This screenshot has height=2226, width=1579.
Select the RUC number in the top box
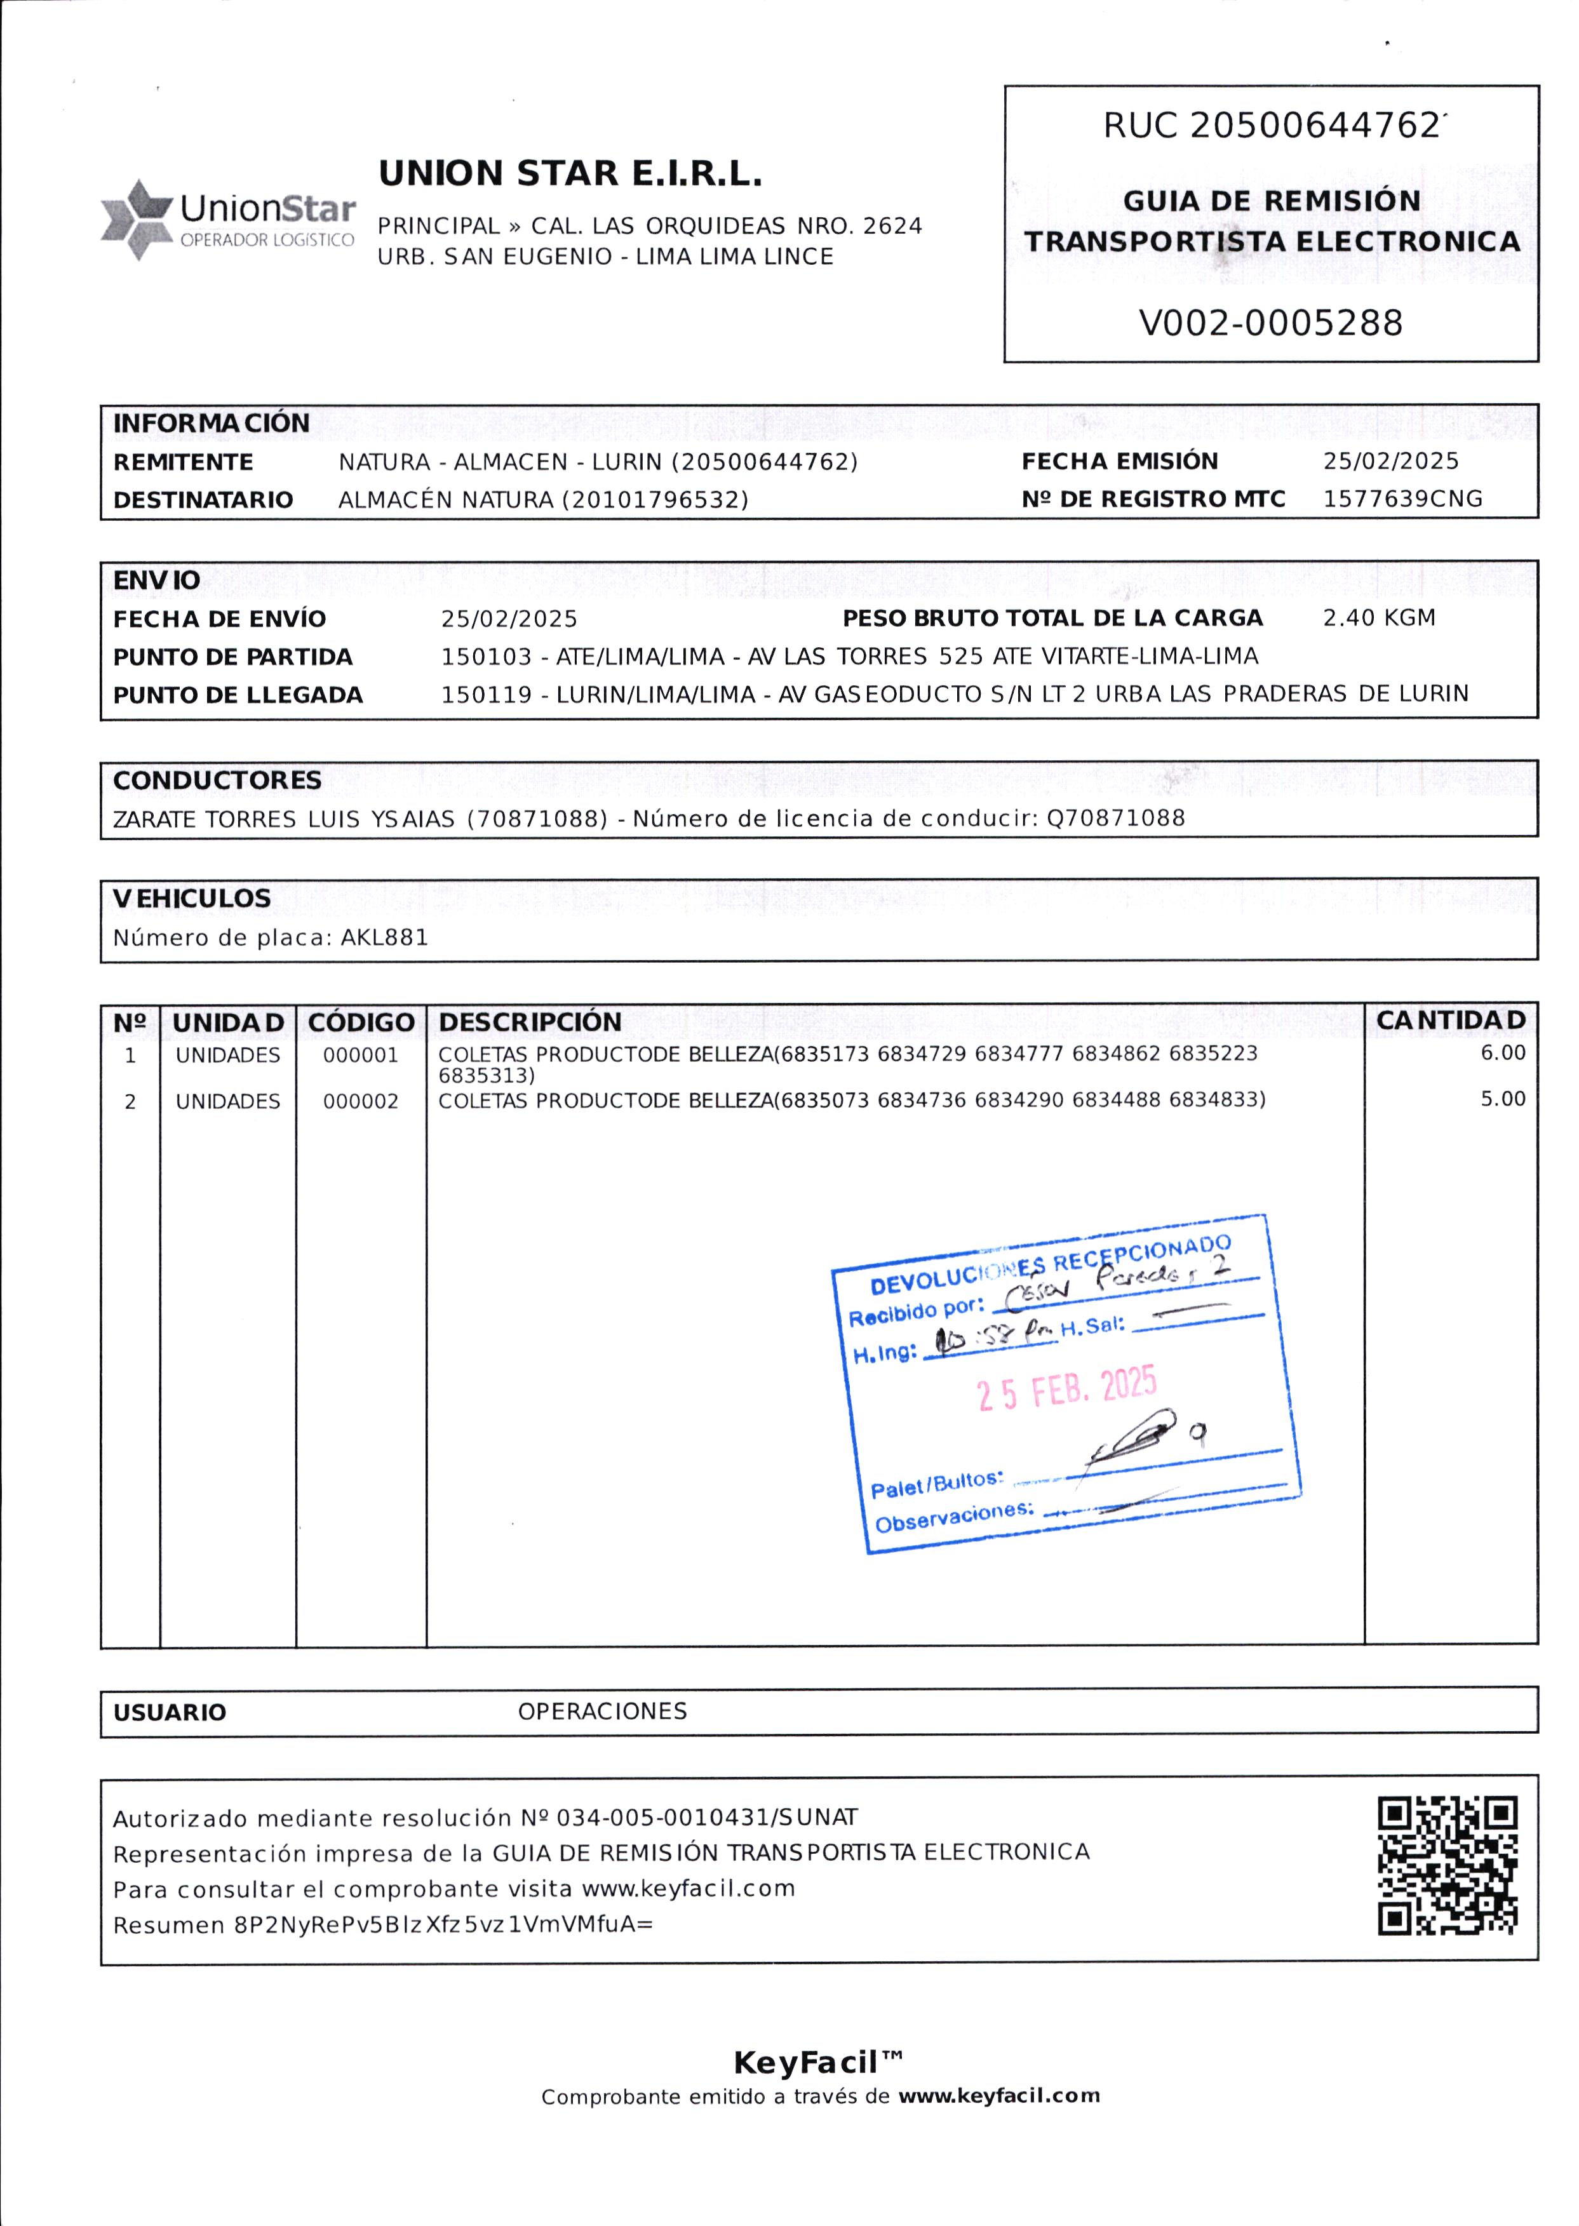(1314, 125)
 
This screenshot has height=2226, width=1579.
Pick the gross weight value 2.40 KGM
(1379, 618)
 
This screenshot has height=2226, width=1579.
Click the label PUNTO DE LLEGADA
(238, 695)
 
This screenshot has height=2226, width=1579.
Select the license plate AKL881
(384, 938)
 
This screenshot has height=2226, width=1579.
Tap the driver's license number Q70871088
(1115, 819)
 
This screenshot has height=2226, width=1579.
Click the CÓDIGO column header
(361, 1022)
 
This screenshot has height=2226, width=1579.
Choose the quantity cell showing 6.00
(1502, 1053)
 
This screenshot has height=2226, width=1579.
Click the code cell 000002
(361, 1101)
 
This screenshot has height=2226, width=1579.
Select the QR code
(1448, 1865)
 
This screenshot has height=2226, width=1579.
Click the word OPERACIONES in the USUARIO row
(602, 1711)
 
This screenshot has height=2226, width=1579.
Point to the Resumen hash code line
(383, 1926)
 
